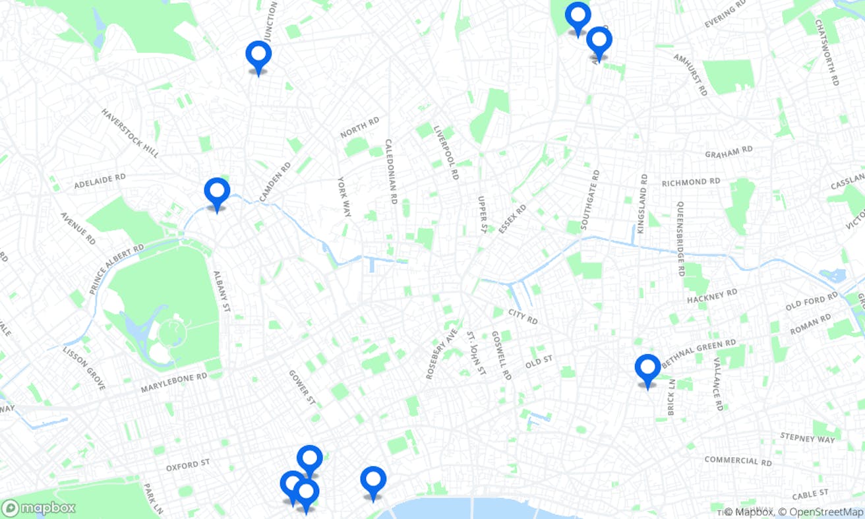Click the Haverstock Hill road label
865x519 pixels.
click(x=130, y=133)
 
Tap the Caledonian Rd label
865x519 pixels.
click(x=391, y=171)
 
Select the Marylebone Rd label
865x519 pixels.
click(x=174, y=382)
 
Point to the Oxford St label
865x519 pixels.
click(x=187, y=466)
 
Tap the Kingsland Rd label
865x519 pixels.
click(x=643, y=197)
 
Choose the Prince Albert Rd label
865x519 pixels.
click(x=117, y=269)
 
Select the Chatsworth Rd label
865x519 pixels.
click(x=827, y=52)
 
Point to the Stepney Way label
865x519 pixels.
click(x=807, y=437)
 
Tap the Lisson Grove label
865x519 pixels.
click(x=84, y=367)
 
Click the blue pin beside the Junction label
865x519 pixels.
click(x=258, y=55)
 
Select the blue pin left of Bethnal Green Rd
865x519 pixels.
click(x=647, y=369)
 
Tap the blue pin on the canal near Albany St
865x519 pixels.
click(x=217, y=193)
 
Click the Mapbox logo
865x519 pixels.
click(x=38, y=508)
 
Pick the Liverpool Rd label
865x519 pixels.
click(x=446, y=153)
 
